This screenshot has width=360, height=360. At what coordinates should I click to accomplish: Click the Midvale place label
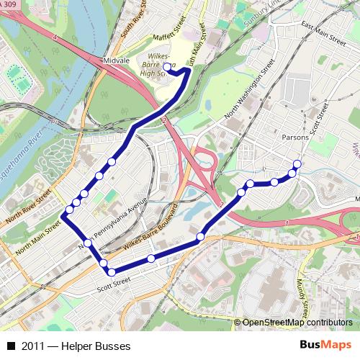[115, 62]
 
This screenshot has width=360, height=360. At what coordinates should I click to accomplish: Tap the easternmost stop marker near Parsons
[297, 163]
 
